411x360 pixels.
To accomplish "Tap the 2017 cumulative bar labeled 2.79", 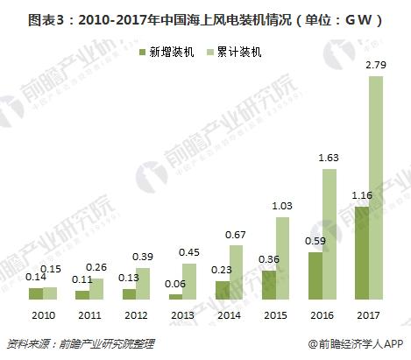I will click(376, 188).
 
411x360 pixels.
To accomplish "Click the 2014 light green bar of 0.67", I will click(235, 273).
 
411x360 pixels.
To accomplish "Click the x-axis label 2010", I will click(45, 314).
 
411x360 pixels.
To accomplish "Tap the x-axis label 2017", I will click(367, 314).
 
